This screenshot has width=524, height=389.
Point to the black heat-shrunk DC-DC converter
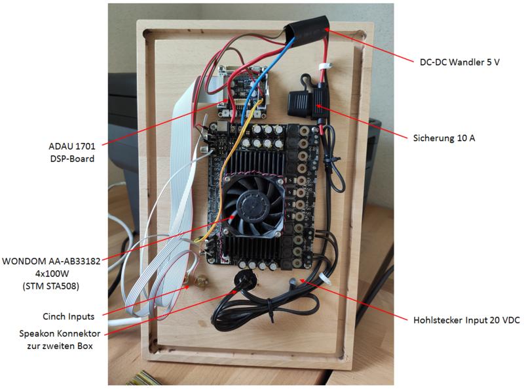(306, 30)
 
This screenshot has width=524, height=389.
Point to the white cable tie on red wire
(324, 68)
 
